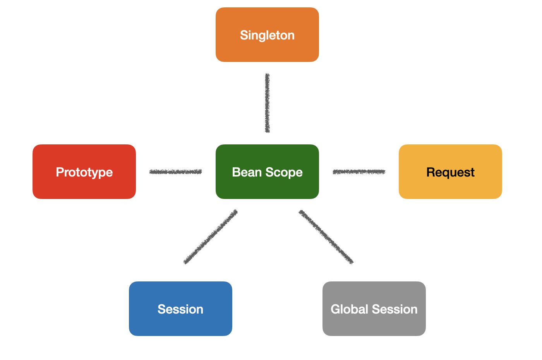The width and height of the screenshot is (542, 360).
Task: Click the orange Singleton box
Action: [267, 34]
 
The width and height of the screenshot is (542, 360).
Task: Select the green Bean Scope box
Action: [267, 171]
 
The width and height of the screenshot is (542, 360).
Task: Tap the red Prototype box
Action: [84, 171]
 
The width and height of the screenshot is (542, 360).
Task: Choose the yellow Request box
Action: [450, 171]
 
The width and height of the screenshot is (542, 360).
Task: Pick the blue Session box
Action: [180, 309]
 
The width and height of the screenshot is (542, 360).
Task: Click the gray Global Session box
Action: [374, 309]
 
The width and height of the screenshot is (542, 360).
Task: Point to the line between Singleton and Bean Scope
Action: [268, 103]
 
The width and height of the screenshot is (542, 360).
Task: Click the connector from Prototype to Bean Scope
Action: [175, 172]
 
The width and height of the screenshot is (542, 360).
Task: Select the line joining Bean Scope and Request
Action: [359, 172]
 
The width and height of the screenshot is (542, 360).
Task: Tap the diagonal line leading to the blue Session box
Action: [211, 237]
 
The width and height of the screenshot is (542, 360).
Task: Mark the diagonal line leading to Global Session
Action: [326, 237]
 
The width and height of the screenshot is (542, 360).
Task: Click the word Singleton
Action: [267, 36]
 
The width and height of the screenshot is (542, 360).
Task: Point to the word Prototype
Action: [84, 173]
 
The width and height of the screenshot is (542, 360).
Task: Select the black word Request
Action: [450, 173]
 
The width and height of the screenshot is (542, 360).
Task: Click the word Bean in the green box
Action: [247, 172]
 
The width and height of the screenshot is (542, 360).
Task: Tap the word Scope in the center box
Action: [284, 173]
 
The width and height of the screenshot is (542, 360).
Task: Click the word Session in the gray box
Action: [394, 309]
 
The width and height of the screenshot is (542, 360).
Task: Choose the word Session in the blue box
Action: [180, 309]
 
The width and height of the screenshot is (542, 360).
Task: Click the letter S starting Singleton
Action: [244, 35]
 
